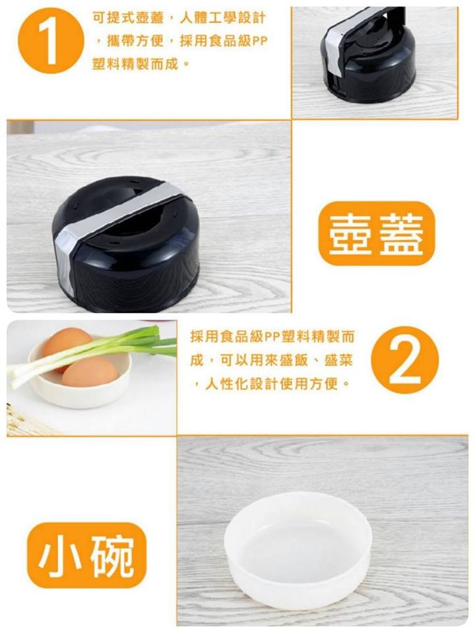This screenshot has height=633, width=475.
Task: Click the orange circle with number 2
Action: pos(404,360)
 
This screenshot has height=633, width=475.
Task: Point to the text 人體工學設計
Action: pos(222,18)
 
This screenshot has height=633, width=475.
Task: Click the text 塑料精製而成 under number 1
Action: pos(135,64)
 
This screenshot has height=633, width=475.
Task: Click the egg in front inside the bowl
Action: pos(90,371)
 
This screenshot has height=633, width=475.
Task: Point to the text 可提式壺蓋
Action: pos(128,18)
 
